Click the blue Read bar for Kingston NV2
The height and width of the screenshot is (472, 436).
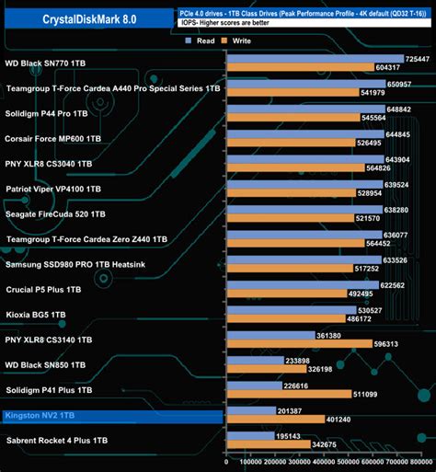click(250, 411)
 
